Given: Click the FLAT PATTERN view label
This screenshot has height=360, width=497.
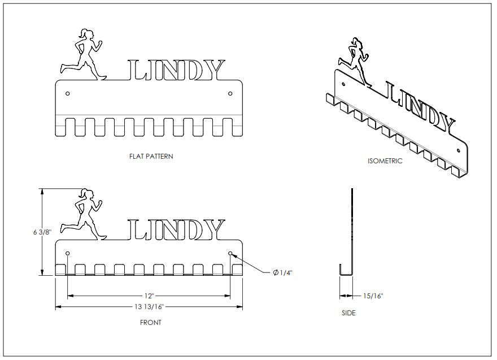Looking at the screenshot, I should [151, 157].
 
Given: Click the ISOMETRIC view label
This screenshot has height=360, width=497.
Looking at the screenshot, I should [385, 161].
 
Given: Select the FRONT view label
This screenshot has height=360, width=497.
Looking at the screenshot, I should [150, 323].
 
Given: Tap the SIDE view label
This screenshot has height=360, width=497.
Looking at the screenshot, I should [348, 313].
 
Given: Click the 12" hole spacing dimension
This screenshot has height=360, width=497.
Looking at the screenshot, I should [149, 295].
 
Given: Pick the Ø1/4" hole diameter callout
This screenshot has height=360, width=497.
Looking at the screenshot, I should [282, 273].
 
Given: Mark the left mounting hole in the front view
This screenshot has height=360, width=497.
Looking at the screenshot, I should [68, 253].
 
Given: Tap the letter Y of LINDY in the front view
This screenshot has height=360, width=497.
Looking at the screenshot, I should [213, 229].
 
